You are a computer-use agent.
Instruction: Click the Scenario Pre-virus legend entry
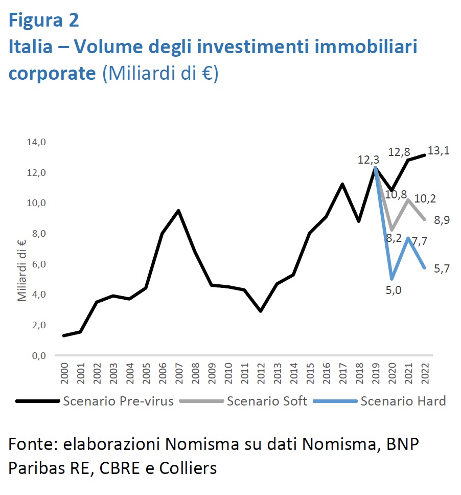pyautogui.click(x=118, y=401)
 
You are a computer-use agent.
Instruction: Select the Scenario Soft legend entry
pyautogui.click(x=267, y=401)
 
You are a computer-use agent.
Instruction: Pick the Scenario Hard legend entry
pyautogui.click(x=403, y=401)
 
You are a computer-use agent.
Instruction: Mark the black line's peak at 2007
pyautogui.click(x=177, y=210)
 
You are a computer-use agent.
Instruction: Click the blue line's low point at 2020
pyautogui.click(x=391, y=279)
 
